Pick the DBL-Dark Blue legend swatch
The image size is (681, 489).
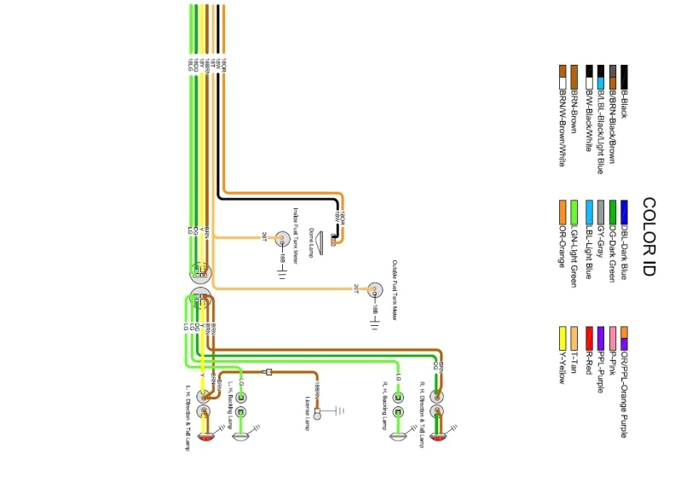pyautogui.click(x=624, y=210)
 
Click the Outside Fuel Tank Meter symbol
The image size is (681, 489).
pyautogui.click(x=372, y=290)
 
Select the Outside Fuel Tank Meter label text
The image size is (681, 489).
pyautogui.click(x=395, y=290)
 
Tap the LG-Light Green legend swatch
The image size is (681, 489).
pyautogui.click(x=574, y=210)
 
